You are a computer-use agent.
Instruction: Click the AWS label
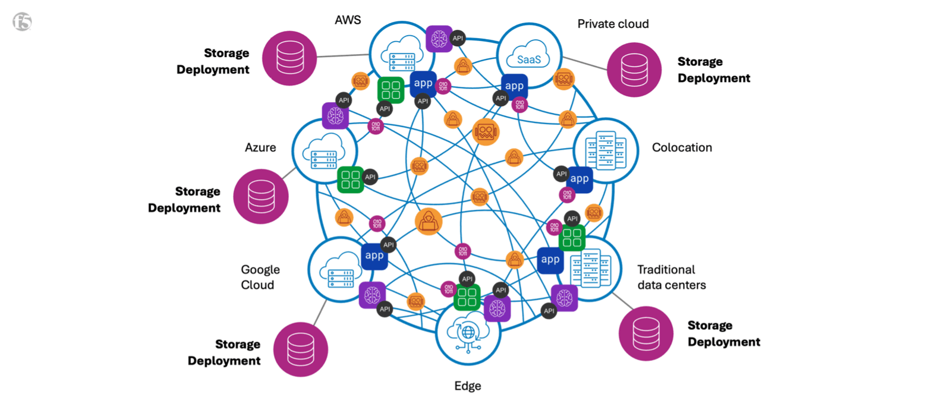pyautogui.click(x=348, y=20)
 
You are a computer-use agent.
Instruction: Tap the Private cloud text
pyautogui.click(x=613, y=24)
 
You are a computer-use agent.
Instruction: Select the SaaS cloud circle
pyautogui.click(x=529, y=55)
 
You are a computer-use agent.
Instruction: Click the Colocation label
pyautogui.click(x=682, y=147)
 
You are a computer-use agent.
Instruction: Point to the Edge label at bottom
pyautogui.click(x=468, y=386)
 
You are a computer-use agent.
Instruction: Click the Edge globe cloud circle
pyautogui.click(x=468, y=333)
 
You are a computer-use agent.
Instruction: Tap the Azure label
pyautogui.click(x=260, y=147)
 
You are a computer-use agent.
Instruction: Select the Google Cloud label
pyautogui.click(x=260, y=277)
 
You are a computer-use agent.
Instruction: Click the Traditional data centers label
pyautogui.click(x=671, y=277)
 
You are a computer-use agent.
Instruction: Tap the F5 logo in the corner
pyautogui.click(x=22, y=22)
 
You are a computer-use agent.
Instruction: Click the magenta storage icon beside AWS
pyautogui.click(x=290, y=58)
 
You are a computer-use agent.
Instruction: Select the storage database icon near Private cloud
pyautogui.click(x=634, y=70)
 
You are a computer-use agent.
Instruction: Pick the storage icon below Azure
pyautogui.click(x=261, y=196)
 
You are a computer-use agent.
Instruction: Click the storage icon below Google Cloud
pyautogui.click(x=301, y=350)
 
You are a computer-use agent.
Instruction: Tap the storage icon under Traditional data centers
pyautogui.click(x=646, y=333)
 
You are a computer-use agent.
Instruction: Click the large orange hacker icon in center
pyautogui.click(x=429, y=222)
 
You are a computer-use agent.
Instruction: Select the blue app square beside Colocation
pyautogui.click(x=580, y=179)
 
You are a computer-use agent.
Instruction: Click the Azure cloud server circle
pyautogui.click(x=324, y=151)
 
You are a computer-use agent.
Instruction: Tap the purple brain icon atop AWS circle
pyautogui.click(x=439, y=39)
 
